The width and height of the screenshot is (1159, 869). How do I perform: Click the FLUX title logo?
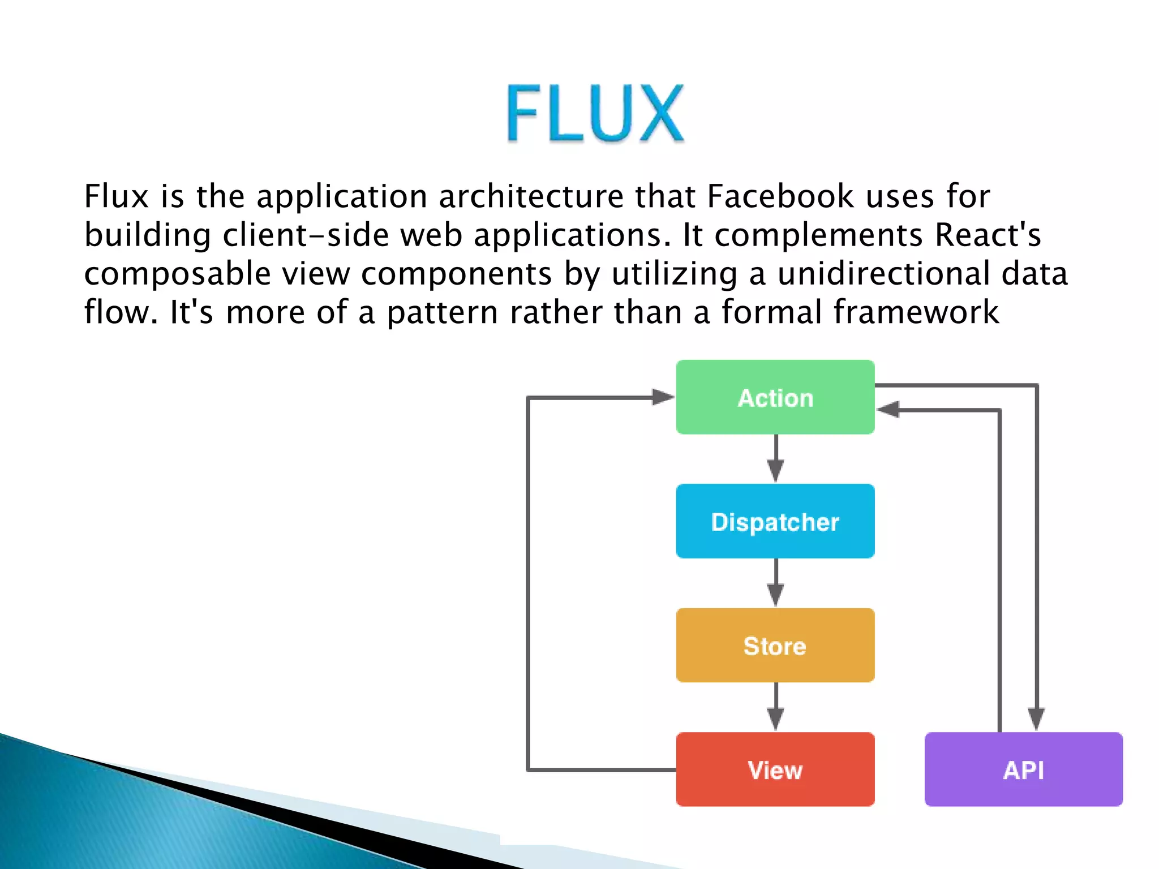click(595, 113)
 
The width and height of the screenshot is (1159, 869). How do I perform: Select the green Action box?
click(775, 397)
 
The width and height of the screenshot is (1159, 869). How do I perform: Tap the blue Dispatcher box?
click(775, 521)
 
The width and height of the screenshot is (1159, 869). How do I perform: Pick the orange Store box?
click(775, 646)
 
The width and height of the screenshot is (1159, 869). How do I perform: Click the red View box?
click(775, 769)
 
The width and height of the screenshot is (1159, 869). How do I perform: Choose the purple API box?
click(1023, 769)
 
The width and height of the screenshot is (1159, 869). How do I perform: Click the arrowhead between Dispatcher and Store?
click(775, 595)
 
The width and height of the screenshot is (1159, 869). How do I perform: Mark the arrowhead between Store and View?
click(775, 719)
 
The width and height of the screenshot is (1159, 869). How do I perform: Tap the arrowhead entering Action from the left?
click(662, 397)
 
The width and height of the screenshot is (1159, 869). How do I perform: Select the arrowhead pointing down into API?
click(1036, 719)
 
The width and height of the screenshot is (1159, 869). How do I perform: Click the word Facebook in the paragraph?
click(780, 197)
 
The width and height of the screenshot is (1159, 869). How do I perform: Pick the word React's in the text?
click(988, 235)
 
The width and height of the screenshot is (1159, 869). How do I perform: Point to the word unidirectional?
click(883, 274)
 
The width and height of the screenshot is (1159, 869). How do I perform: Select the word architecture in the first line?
click(531, 197)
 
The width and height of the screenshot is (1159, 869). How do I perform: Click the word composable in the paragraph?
click(177, 274)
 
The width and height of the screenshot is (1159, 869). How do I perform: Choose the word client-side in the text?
click(306, 235)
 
